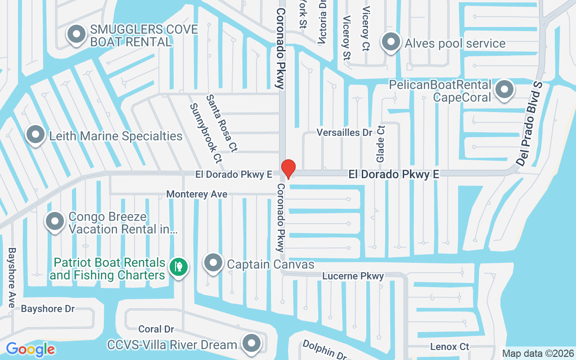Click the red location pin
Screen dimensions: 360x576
click(x=288, y=169)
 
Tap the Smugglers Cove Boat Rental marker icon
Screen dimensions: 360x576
click(x=76, y=34)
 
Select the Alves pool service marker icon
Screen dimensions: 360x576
click(x=391, y=42)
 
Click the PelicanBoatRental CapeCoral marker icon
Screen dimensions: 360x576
click(x=504, y=90)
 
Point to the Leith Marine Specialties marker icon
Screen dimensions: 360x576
click(x=36, y=135)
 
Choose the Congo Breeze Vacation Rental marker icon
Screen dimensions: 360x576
click(x=55, y=221)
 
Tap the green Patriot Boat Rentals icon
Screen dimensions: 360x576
click(x=179, y=267)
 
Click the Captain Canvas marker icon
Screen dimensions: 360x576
click(x=213, y=263)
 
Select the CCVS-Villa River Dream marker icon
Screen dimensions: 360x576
click(x=251, y=343)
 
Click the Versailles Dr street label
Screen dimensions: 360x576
click(x=345, y=132)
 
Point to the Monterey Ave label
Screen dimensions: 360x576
click(x=197, y=194)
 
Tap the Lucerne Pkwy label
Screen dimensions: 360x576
click(x=353, y=276)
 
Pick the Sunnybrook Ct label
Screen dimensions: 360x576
click(x=206, y=133)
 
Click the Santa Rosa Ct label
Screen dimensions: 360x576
click(x=222, y=122)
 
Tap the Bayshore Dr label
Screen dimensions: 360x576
click(x=48, y=309)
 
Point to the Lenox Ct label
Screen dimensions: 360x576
click(x=450, y=346)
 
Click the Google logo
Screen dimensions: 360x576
click(x=30, y=349)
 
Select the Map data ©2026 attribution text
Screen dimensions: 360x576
click(x=538, y=353)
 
